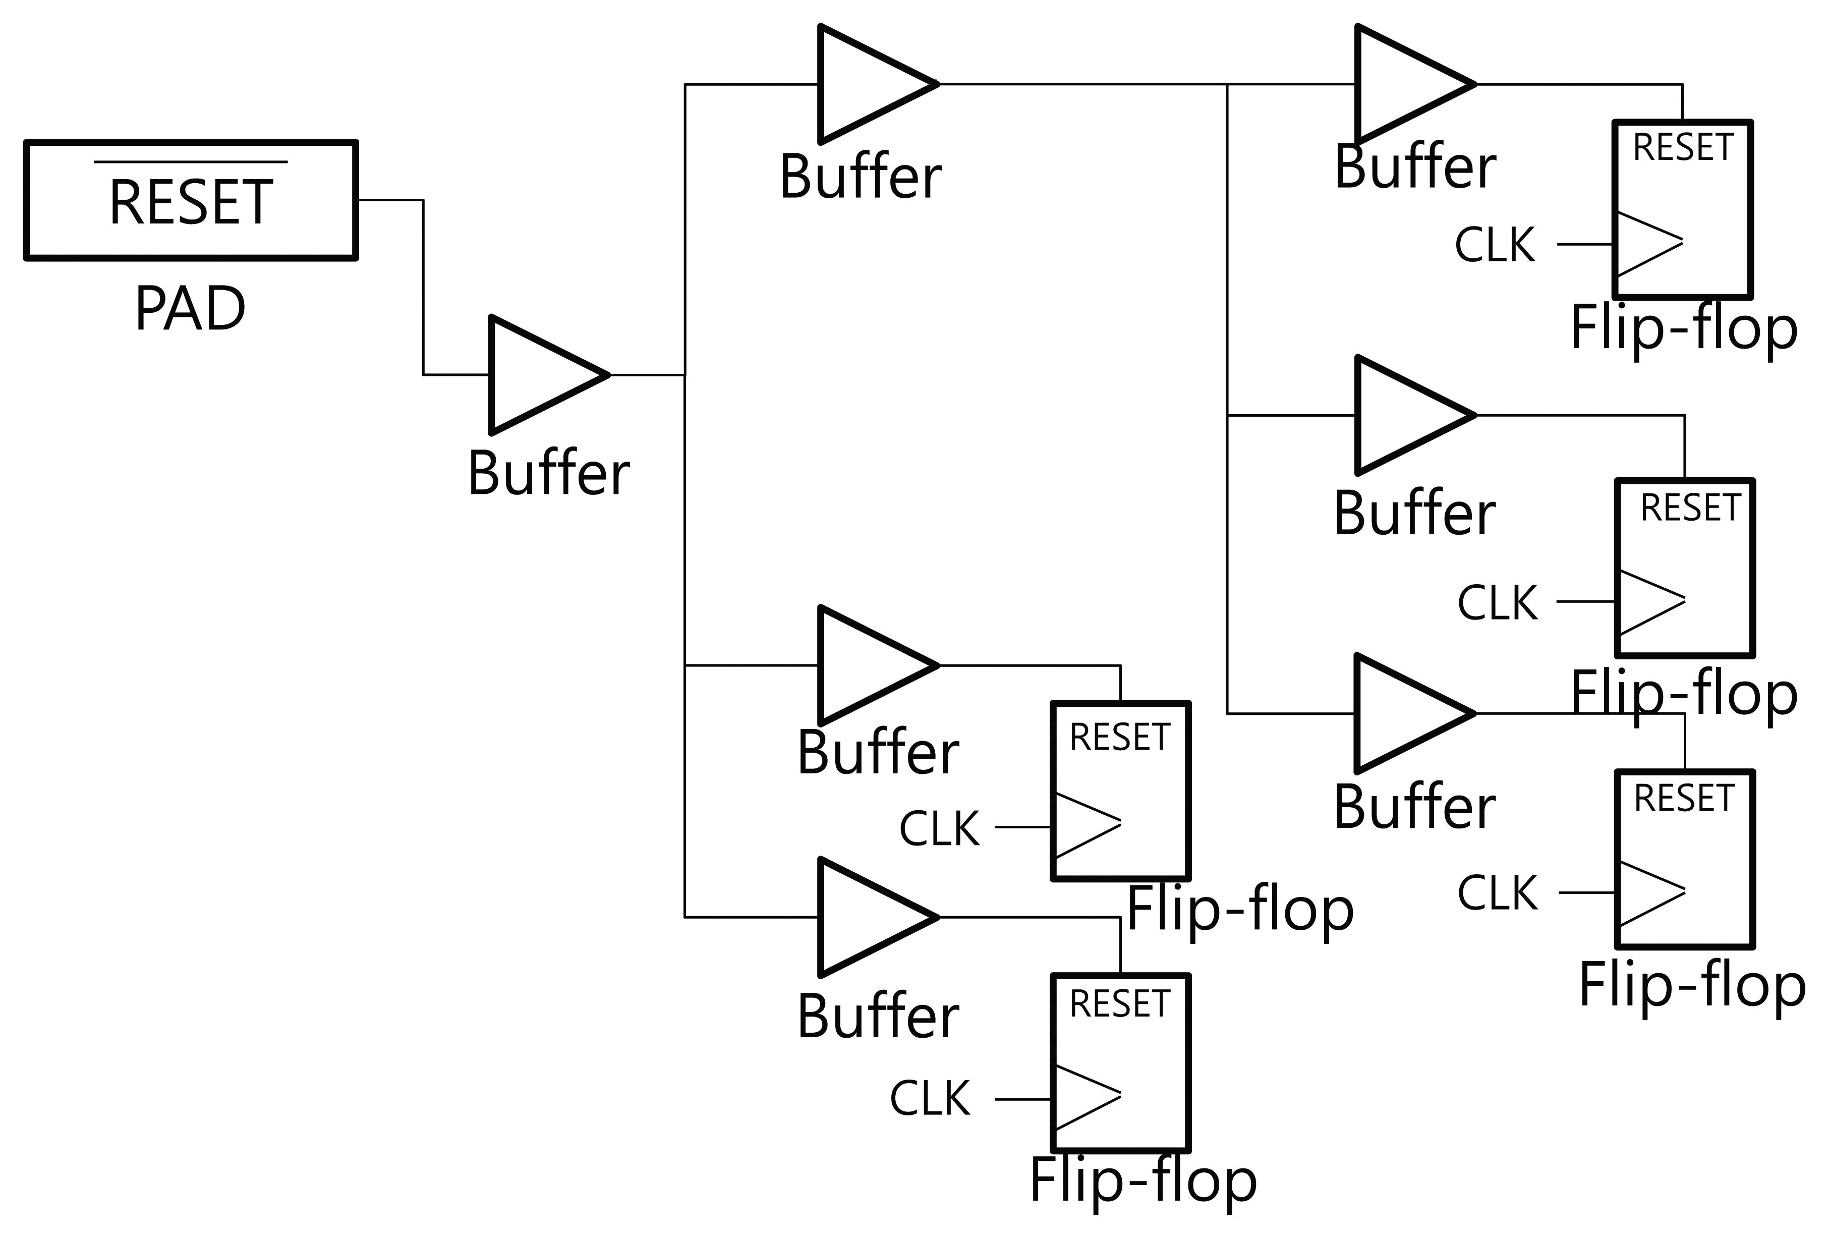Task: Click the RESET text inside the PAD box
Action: point(191,203)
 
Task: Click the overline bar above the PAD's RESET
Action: point(191,162)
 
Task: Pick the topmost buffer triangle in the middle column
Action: point(868,84)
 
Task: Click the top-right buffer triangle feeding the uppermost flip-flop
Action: point(1405,84)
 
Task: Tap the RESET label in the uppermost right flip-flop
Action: point(1683,148)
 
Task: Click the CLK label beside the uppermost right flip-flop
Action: point(1495,245)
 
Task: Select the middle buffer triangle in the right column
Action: point(1405,415)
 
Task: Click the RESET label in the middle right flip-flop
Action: point(1690,508)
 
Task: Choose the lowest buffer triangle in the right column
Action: point(1405,713)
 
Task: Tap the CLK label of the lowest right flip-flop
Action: point(1498,893)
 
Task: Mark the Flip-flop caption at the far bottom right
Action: point(1692,986)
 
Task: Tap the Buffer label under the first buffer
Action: point(548,474)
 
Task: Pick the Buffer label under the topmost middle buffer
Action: point(860,177)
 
